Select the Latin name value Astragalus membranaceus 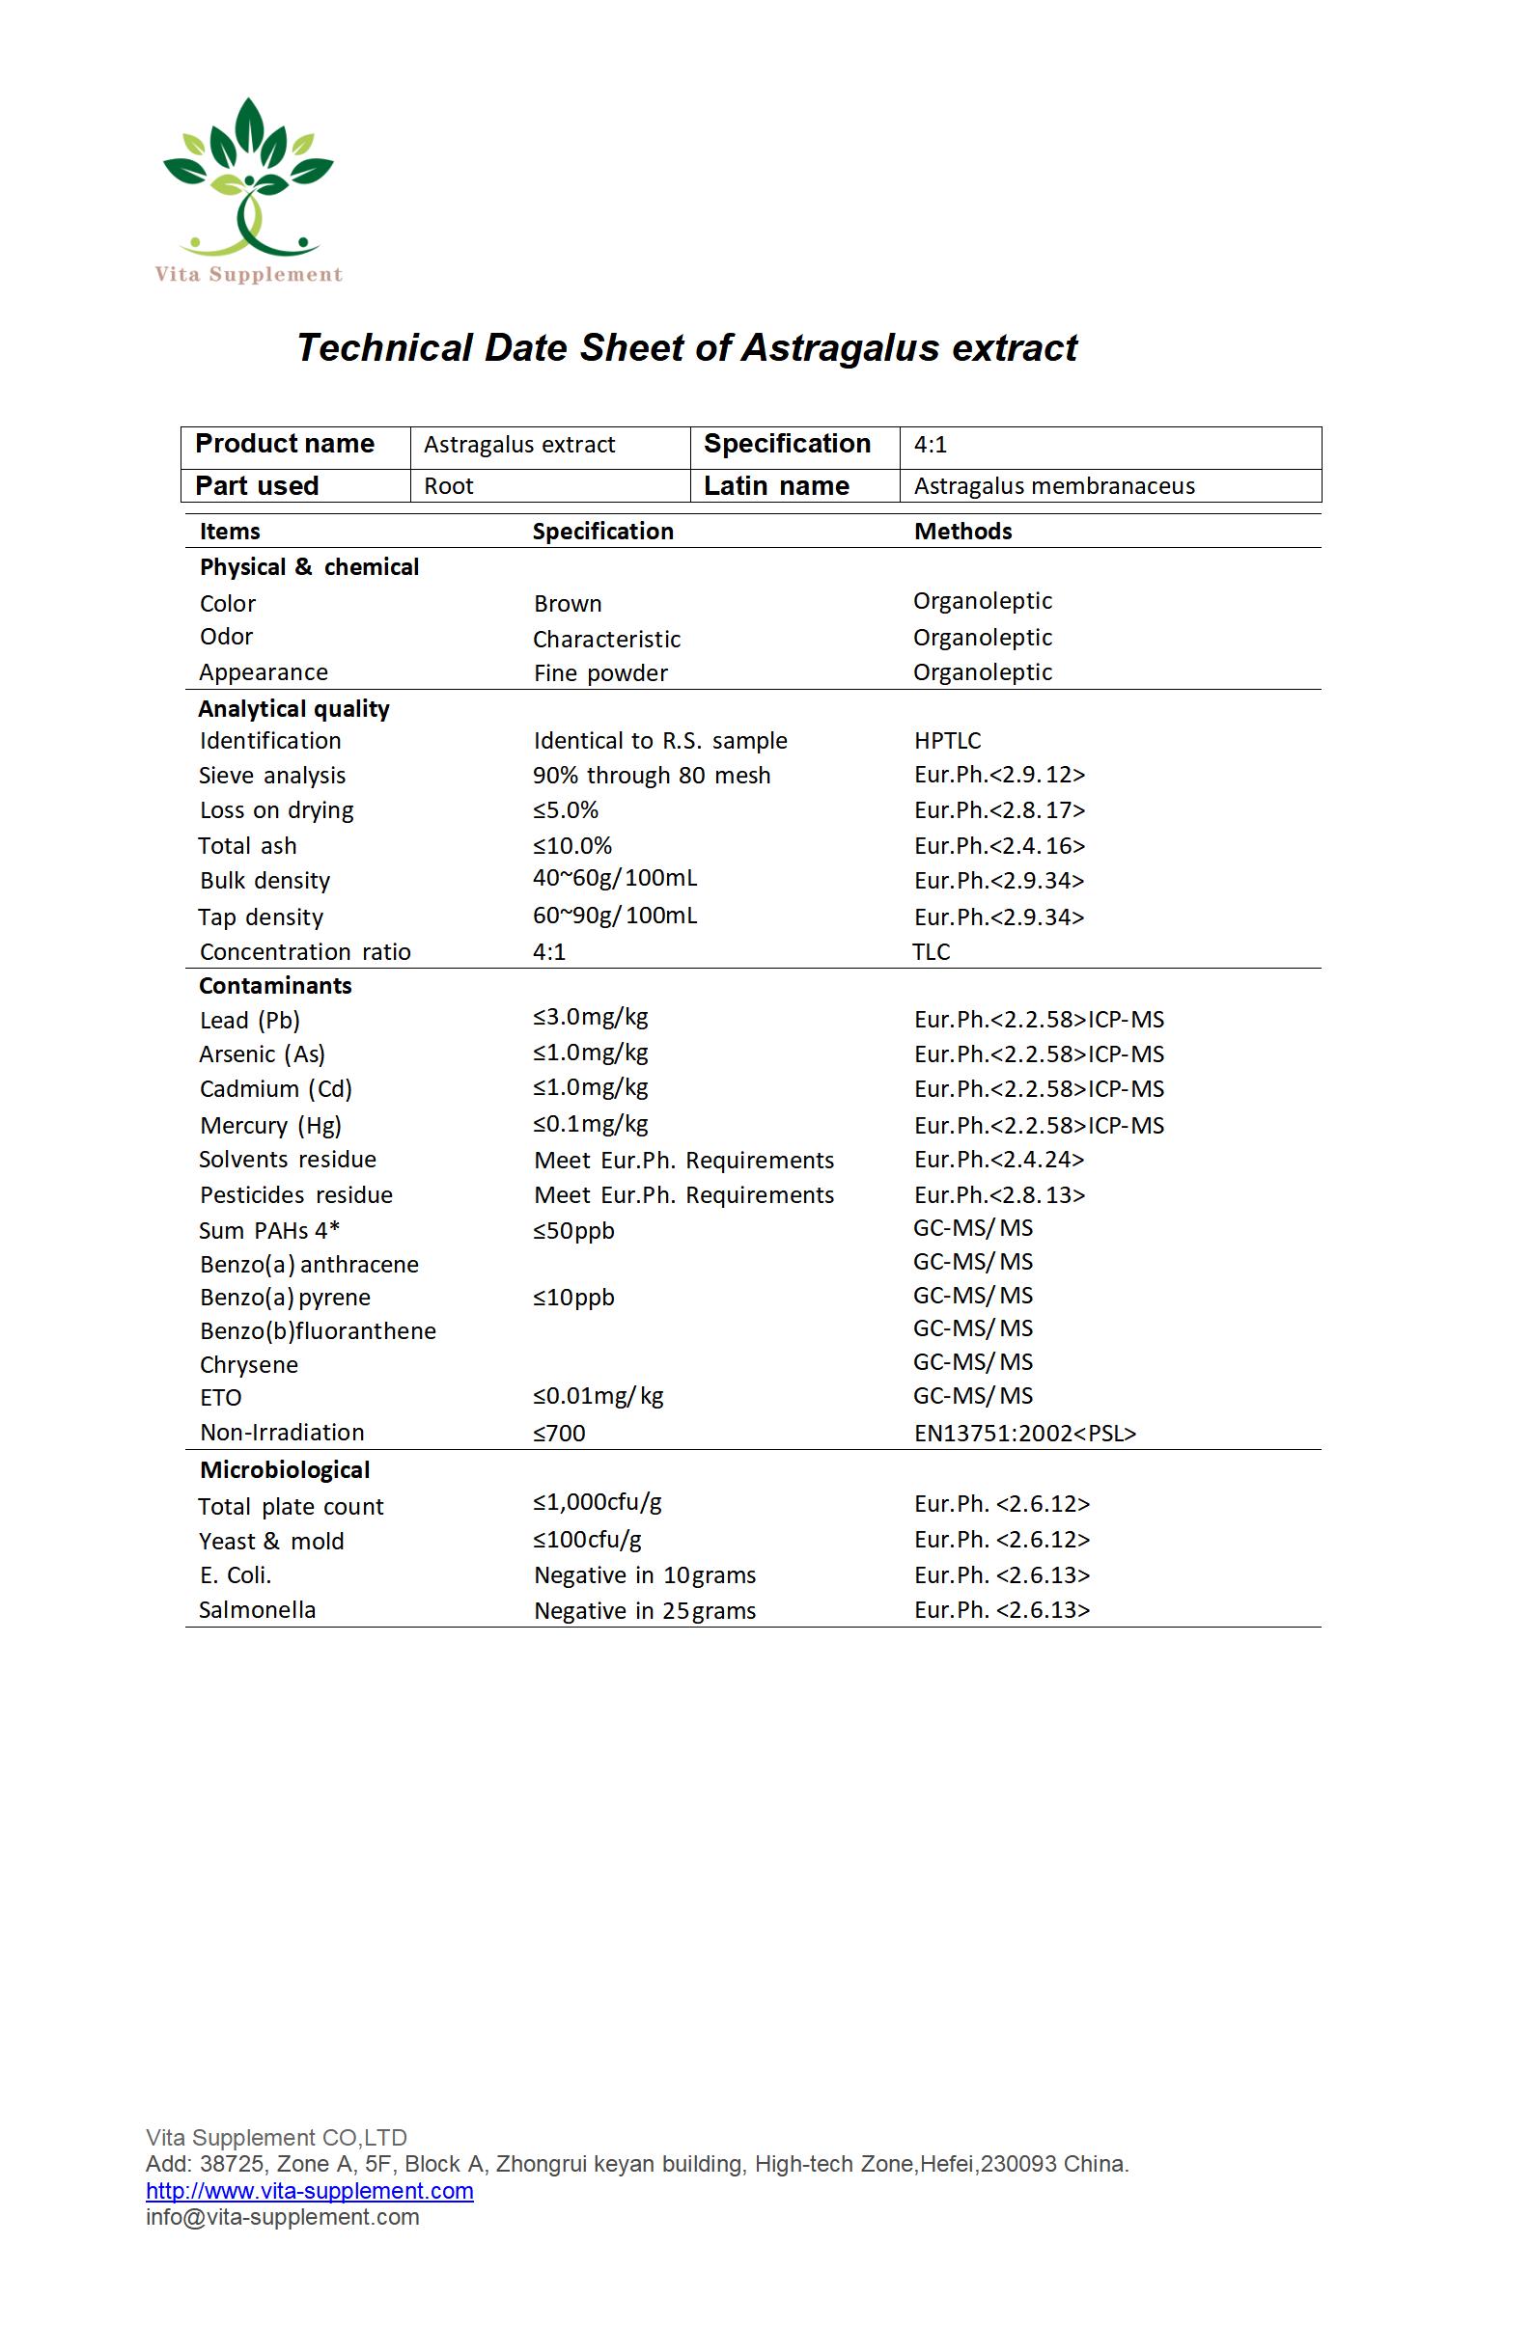[1054, 485]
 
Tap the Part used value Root [449, 485]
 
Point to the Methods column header [962, 532]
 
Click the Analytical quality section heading [293, 708]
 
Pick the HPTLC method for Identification [946, 741]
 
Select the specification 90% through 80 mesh [652, 775]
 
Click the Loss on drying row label [277, 810]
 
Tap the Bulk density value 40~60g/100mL [614, 878]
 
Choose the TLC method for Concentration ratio [931, 952]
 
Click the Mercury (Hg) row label [271, 1125]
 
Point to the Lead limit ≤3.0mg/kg [591, 1018]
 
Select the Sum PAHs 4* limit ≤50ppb [573, 1230]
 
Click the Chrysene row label [248, 1364]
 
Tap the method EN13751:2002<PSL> [1024, 1433]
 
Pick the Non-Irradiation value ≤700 [559, 1434]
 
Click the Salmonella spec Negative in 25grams [644, 1610]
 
